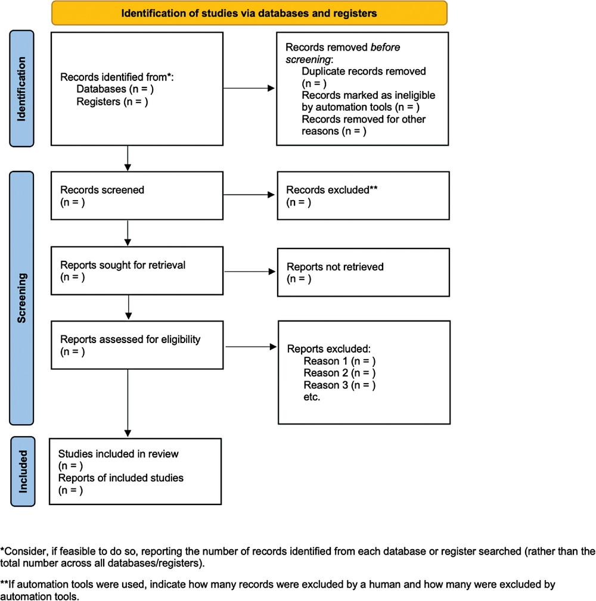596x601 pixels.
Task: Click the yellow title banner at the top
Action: click(249, 13)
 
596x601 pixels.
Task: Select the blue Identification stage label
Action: click(23, 89)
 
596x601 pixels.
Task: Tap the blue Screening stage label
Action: click(23, 298)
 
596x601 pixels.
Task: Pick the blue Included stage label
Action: click(23, 472)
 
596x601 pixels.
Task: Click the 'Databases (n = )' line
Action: click(116, 89)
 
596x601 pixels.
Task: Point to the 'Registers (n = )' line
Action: click(112, 102)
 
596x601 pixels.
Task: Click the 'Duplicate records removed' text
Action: click(364, 71)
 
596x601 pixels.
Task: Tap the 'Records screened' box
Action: click(136, 195)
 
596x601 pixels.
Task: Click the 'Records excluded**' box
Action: click(362, 196)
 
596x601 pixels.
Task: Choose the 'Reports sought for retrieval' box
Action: click(136, 271)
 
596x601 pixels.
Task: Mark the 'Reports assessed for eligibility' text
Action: click(131, 340)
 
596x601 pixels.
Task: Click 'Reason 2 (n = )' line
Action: click(340, 373)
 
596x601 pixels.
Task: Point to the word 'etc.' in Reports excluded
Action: click(312, 397)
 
